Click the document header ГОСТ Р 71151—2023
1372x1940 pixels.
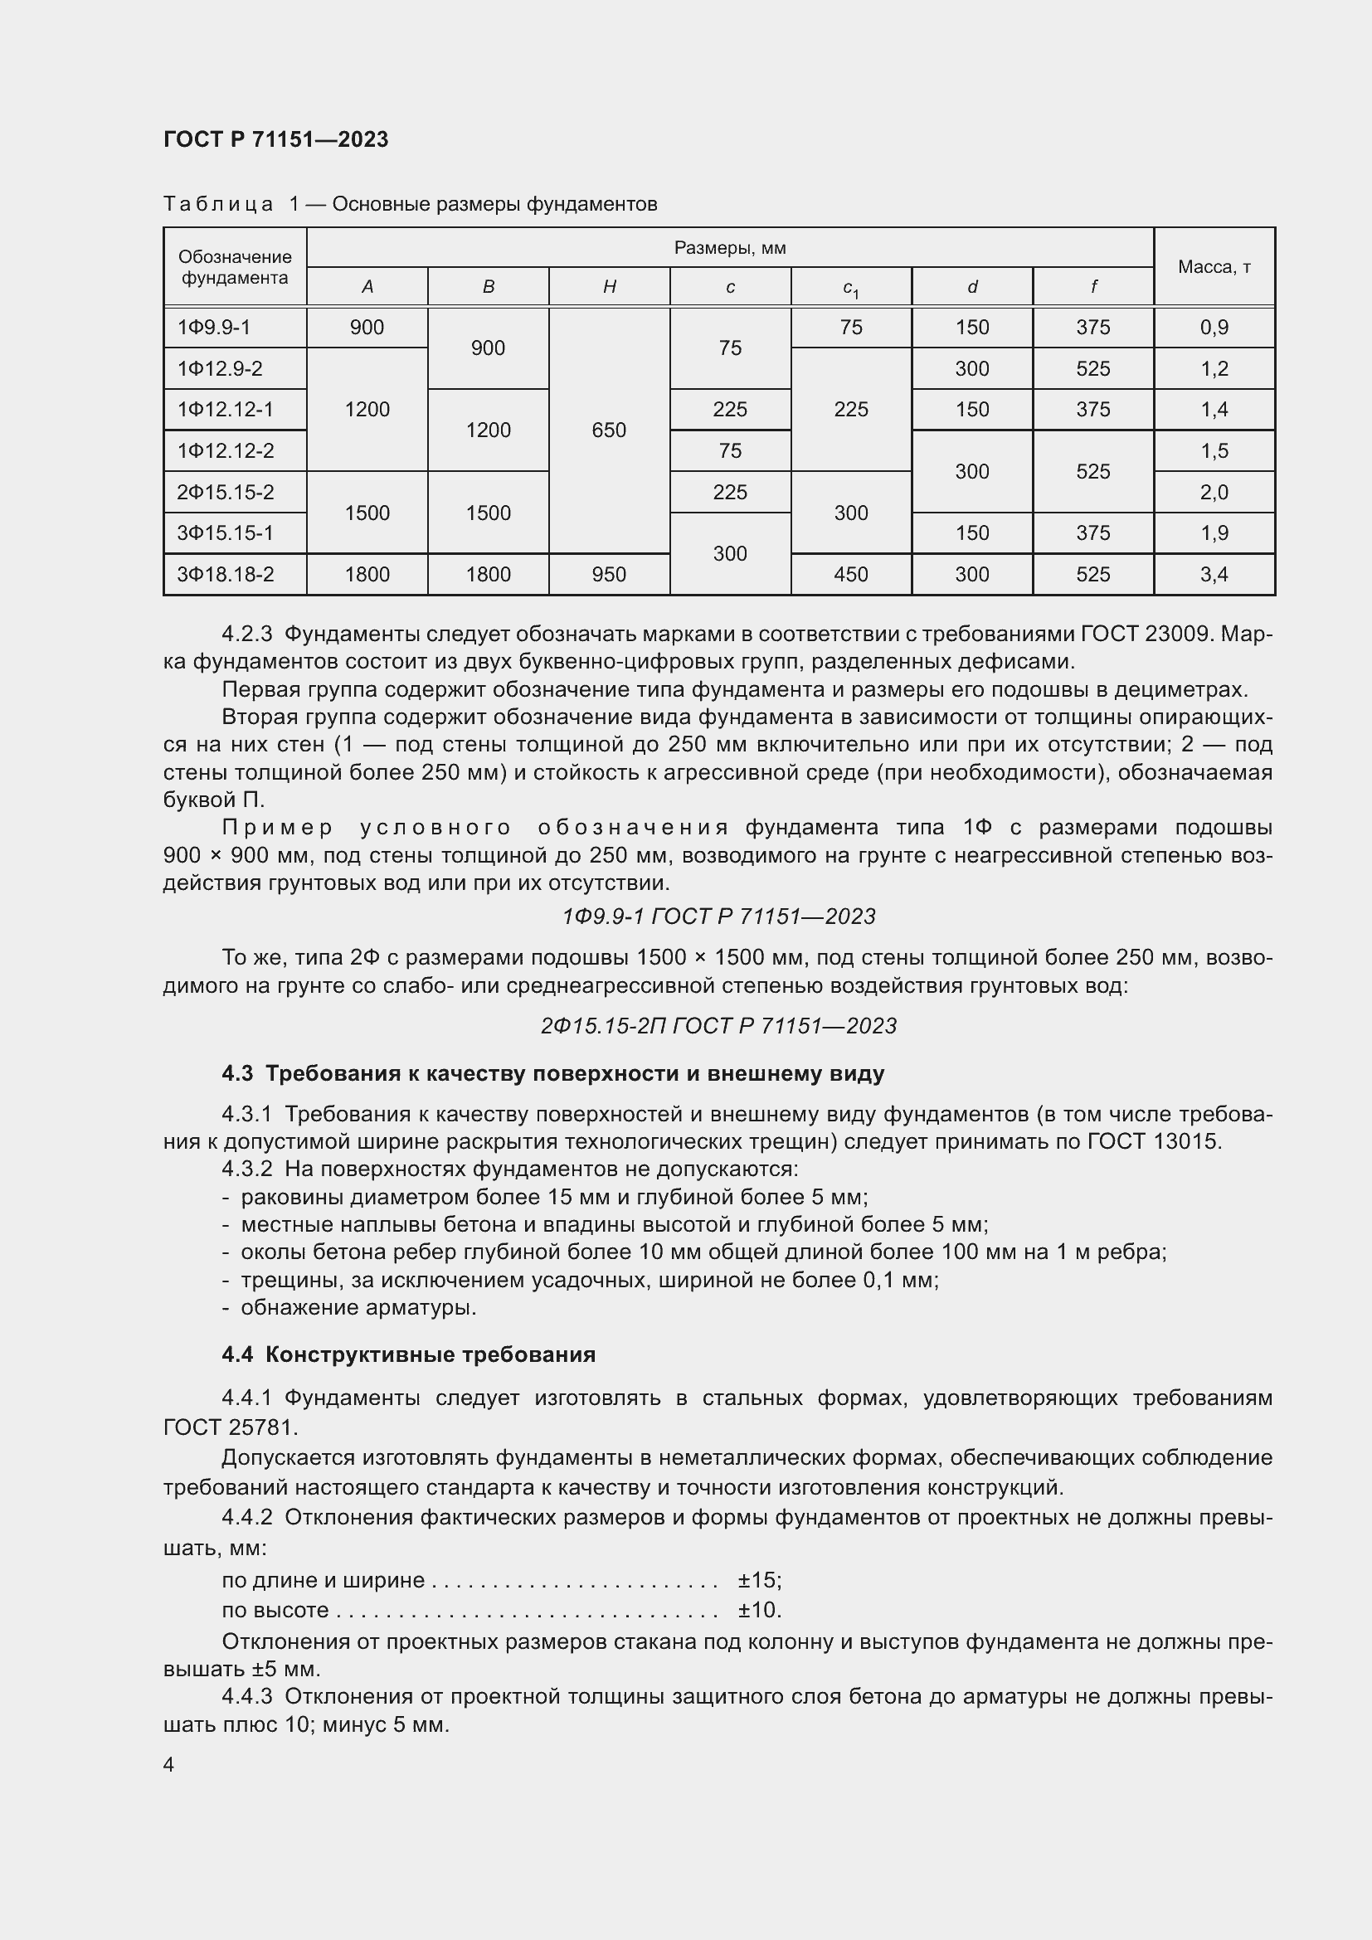tap(275, 139)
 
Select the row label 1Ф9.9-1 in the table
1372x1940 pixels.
tap(214, 327)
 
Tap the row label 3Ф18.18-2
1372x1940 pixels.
tap(226, 575)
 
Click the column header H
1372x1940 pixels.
tap(609, 286)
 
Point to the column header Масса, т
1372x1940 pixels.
tap(1214, 267)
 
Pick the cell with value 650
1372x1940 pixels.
tap(609, 430)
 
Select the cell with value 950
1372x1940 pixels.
tap(609, 575)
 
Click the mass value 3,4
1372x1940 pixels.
tap(1214, 575)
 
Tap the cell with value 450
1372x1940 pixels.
tap(851, 575)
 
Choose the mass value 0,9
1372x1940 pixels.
tap(1214, 327)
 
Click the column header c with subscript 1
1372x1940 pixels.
tap(851, 287)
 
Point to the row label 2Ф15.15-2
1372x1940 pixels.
tap(226, 492)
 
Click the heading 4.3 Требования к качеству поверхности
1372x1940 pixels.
tap(552, 1074)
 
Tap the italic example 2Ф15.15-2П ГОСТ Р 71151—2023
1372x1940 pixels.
tap(718, 1026)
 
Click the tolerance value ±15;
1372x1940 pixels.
tap(760, 1580)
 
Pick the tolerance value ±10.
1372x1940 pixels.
tap(760, 1610)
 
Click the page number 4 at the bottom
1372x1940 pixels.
tap(169, 1765)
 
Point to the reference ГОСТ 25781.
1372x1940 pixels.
tap(230, 1427)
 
